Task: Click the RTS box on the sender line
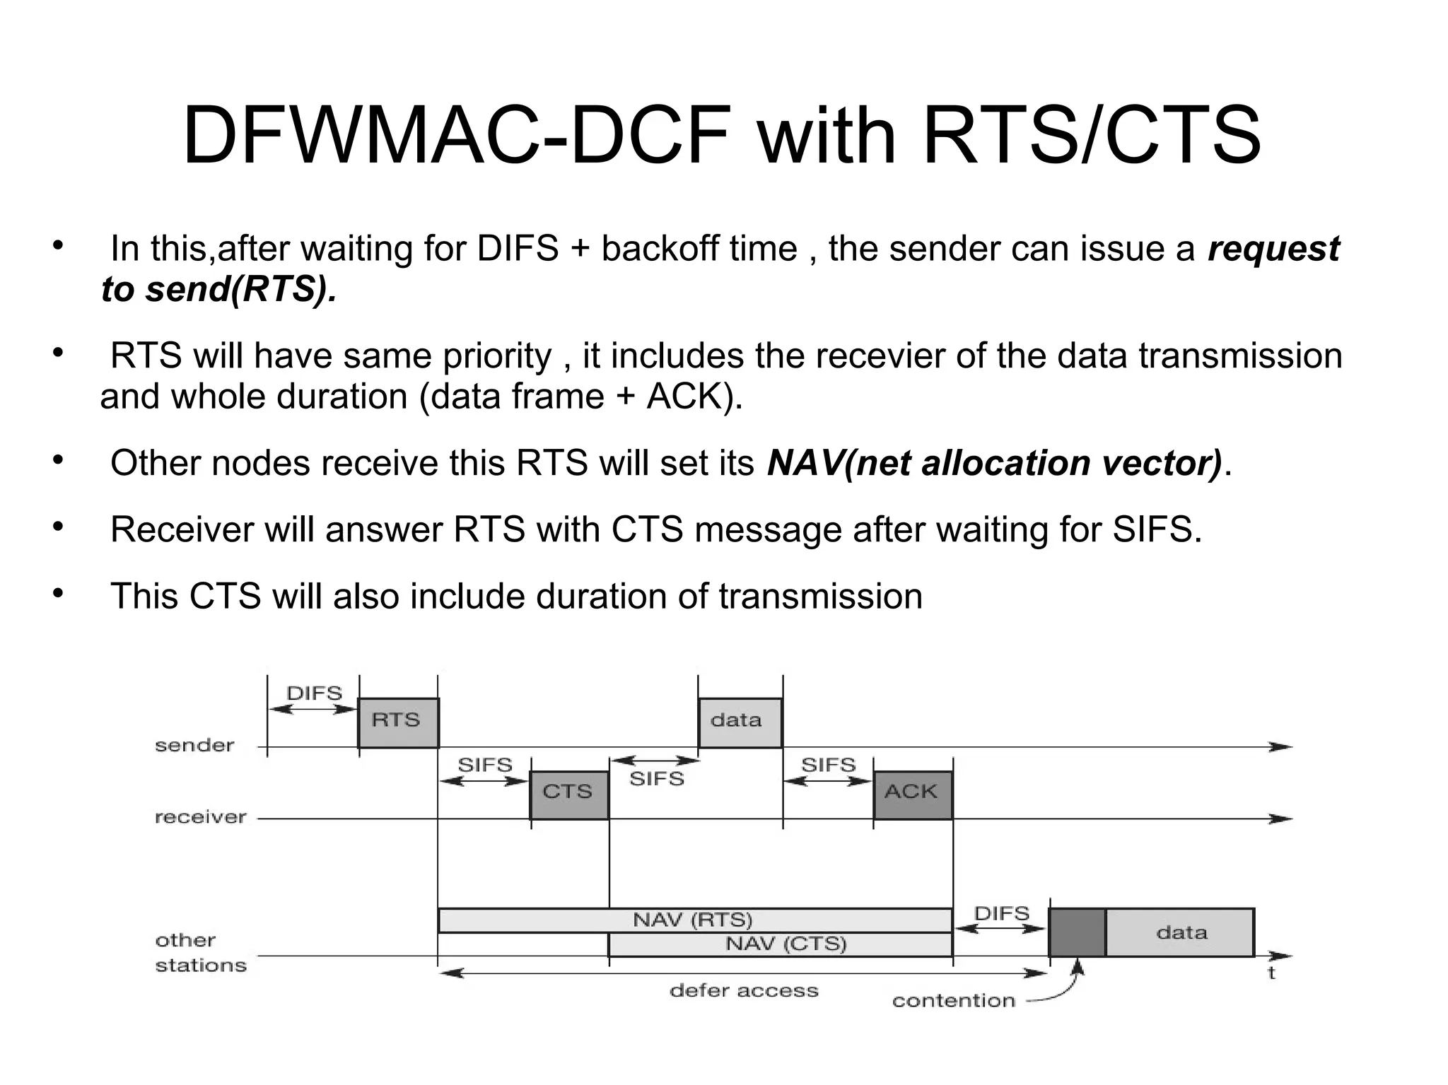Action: click(398, 722)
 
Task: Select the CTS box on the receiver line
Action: click(569, 794)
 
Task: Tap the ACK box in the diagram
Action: click(913, 794)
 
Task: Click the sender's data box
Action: click(740, 722)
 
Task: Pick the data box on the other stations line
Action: click(1180, 932)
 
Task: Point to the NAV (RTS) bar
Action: click(693, 920)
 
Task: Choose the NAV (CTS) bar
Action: click(785, 944)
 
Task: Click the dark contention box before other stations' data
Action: click(1077, 932)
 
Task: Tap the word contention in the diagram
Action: click(953, 1001)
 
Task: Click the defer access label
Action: click(744, 991)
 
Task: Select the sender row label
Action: click(194, 746)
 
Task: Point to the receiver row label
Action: click(201, 818)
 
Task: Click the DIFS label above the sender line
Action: click(314, 693)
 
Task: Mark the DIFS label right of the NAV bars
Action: click(1001, 914)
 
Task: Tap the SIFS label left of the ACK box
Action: click(828, 765)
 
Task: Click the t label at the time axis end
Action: click(1271, 974)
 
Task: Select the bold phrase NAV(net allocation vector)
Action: click(994, 464)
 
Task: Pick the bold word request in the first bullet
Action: click(1273, 249)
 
